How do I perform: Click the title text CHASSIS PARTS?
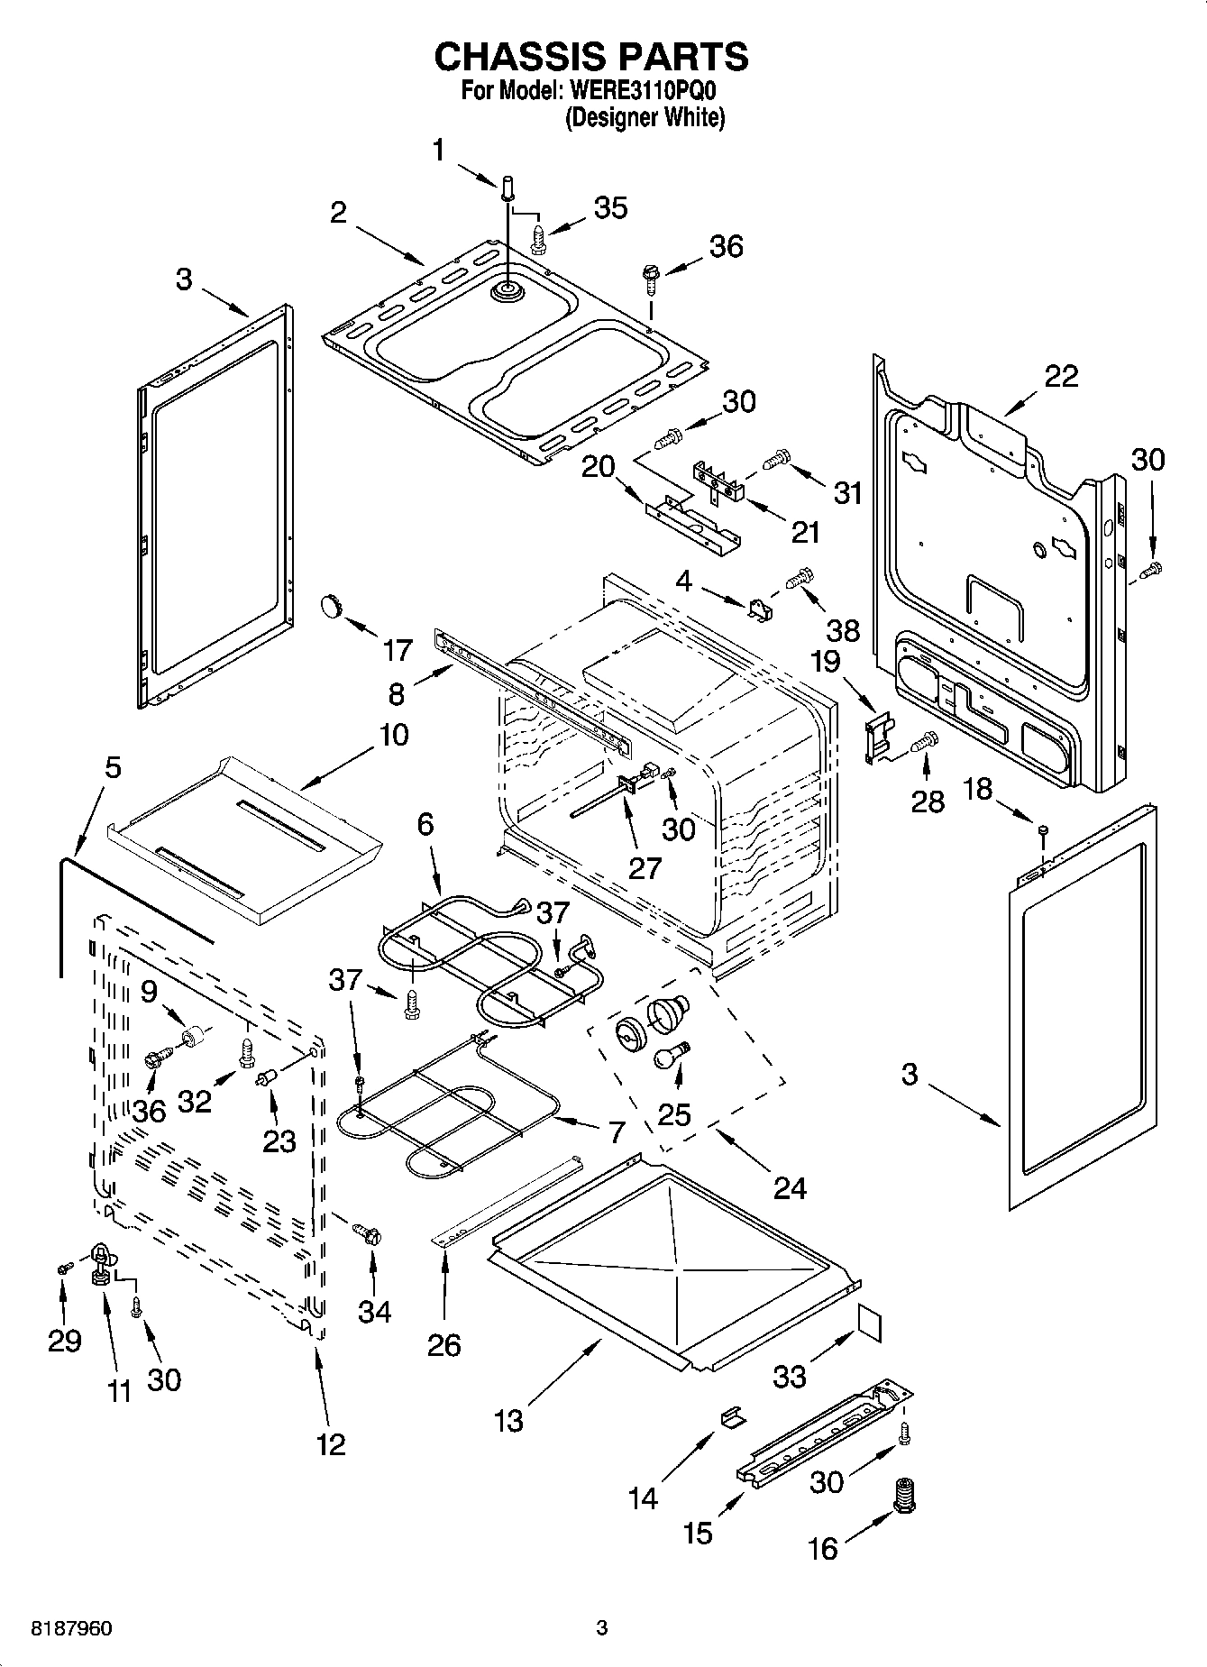[x=591, y=57]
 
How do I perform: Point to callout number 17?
[x=397, y=649]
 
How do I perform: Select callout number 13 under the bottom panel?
[x=508, y=1421]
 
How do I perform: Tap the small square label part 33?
[x=868, y=1324]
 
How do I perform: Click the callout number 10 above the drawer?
[x=393, y=735]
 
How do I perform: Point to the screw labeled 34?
[x=366, y=1232]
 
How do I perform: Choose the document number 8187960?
[x=59, y=1629]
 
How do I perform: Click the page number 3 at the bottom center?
[x=602, y=1628]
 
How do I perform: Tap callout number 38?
[x=844, y=629]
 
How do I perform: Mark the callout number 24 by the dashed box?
[x=790, y=1187]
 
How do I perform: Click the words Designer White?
[x=645, y=118]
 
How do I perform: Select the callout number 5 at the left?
[x=112, y=768]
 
